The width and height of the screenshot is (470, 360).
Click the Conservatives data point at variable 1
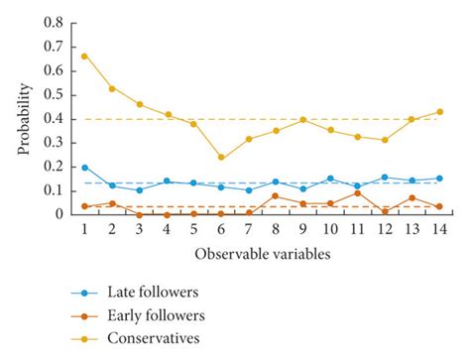click(x=85, y=56)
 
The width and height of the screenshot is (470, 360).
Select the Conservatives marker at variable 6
click(x=220, y=157)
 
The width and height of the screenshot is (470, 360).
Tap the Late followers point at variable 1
click(x=85, y=168)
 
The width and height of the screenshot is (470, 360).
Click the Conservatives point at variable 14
click(x=438, y=112)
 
